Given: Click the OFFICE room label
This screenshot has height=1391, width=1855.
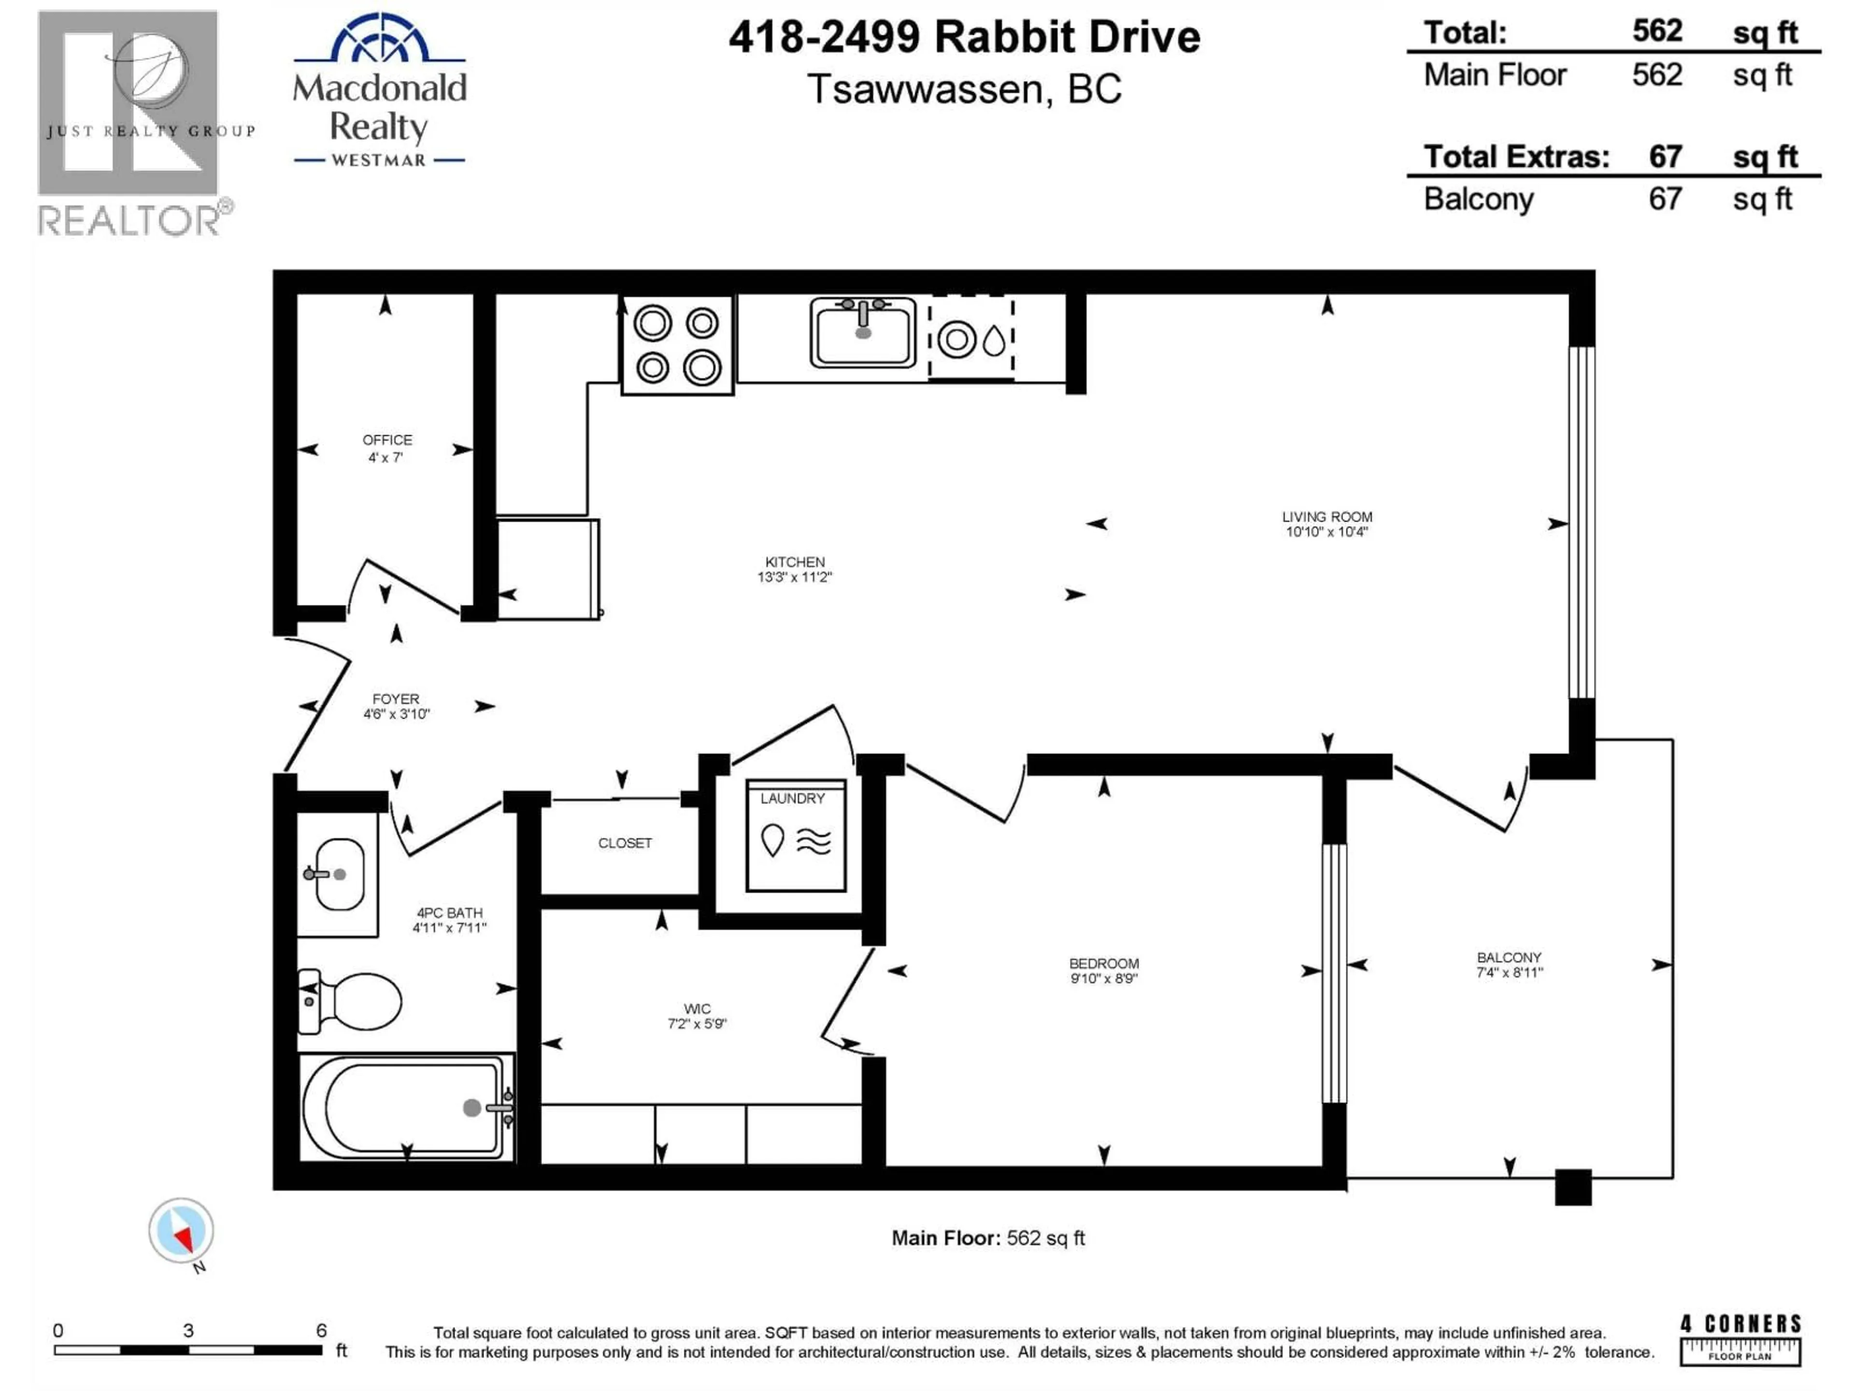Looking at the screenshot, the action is [386, 440].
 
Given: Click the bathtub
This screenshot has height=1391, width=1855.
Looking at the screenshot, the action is [406, 1107].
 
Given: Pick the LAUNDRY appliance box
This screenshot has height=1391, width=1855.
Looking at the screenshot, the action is [796, 835].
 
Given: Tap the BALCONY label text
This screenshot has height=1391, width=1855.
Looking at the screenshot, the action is [1510, 957].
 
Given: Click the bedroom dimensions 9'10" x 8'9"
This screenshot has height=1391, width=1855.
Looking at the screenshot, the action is [1104, 979].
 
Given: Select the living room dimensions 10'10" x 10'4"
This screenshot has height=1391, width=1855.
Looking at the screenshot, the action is [1327, 532].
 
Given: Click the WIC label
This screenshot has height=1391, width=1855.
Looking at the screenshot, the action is [697, 1008].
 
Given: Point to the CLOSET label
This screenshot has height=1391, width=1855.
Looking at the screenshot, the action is [625, 843].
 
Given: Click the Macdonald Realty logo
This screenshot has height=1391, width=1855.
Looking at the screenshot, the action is [379, 90].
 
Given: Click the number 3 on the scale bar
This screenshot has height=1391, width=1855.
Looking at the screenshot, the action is [189, 1331].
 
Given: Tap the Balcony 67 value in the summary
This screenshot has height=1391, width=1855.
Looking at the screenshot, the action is [1665, 199].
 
